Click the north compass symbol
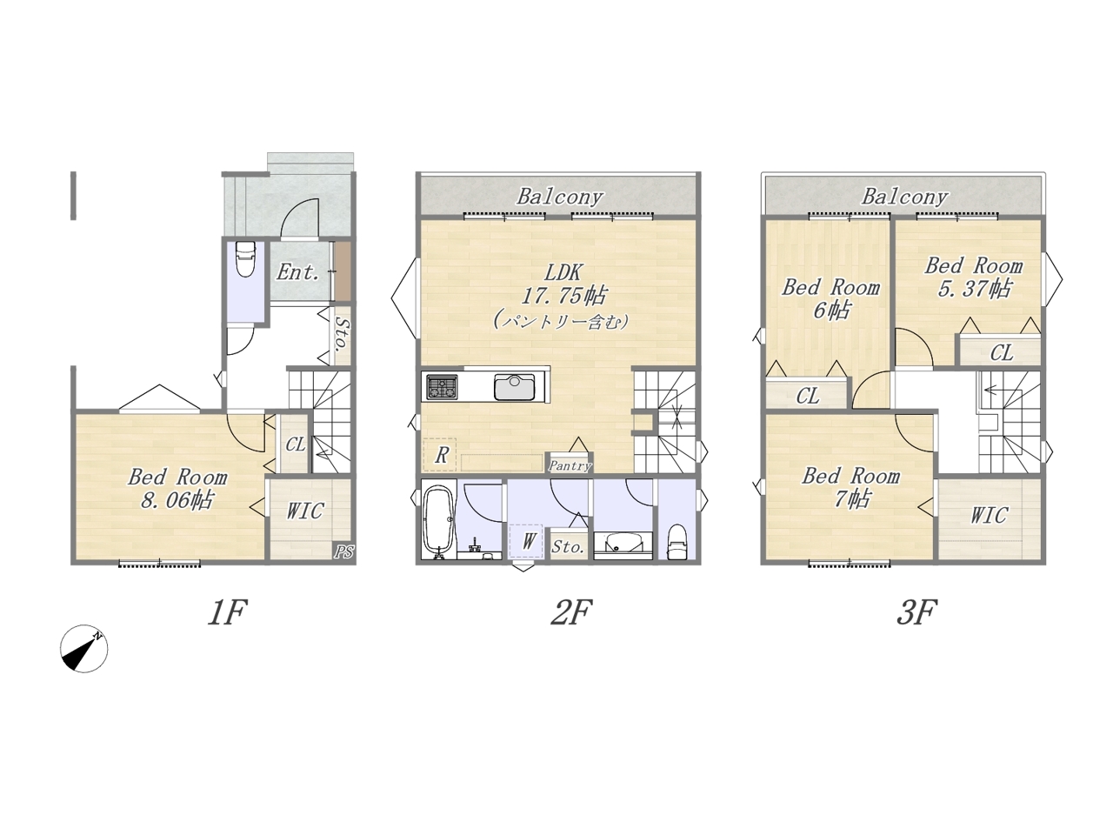84,650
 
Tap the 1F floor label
227,612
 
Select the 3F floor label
916,612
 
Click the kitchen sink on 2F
514,388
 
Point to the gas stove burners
442,387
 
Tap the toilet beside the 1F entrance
245,259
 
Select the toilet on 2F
676,542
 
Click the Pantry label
570,466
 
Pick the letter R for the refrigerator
441,455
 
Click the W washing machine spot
527,542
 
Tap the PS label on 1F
343,551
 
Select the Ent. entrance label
297,273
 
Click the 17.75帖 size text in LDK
563,296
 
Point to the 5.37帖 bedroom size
975,289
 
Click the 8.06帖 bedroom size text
177,500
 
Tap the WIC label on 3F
989,516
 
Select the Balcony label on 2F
560,197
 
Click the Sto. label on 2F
569,546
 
